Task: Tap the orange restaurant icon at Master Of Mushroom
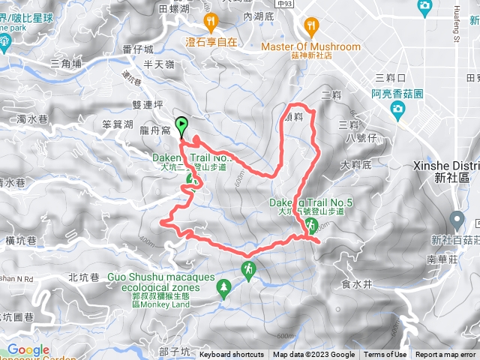(311, 28)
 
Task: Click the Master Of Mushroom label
(310, 46)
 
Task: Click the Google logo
(28, 349)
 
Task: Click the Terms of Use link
(385, 355)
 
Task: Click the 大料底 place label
(355, 163)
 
